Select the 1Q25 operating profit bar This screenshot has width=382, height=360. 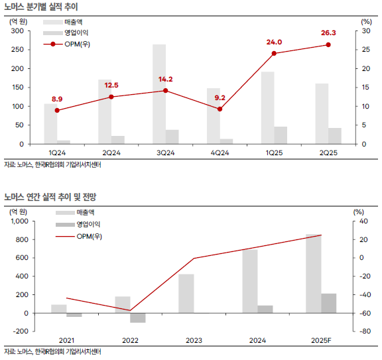tap(281, 135)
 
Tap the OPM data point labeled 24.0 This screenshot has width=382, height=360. tap(274, 53)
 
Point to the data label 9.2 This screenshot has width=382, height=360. tap(220, 98)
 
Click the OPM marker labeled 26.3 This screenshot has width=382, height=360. tap(328, 45)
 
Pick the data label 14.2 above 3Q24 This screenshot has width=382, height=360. tap(165, 80)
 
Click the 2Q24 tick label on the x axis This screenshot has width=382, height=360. tap(111, 152)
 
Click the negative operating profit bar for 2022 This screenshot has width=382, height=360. tap(138, 318)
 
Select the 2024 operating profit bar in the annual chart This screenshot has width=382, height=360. tap(265, 309)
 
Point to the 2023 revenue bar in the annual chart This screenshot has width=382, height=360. tap(186, 293)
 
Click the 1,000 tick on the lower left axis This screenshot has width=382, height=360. tap(17, 221)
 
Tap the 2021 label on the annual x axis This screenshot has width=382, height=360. tap(66, 340)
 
